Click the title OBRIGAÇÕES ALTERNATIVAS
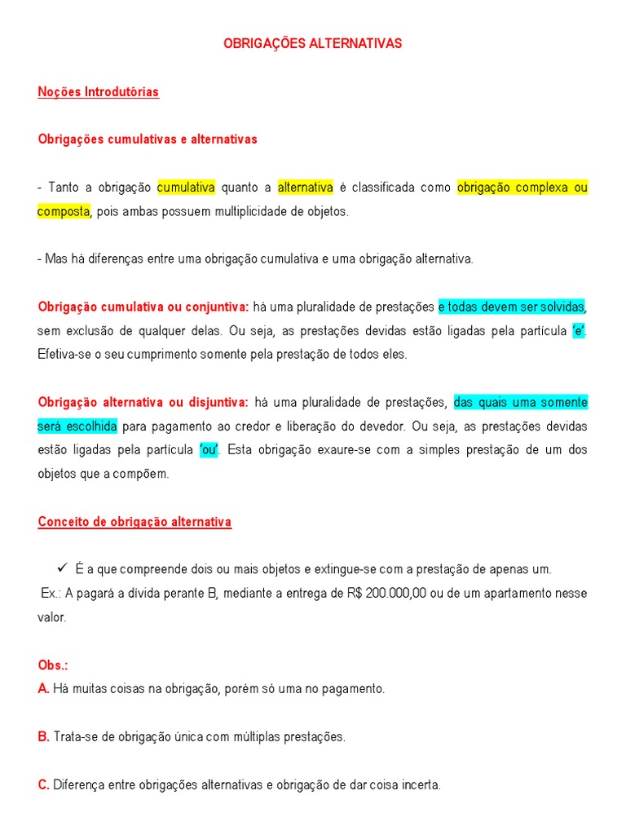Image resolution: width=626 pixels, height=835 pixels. [x=313, y=44]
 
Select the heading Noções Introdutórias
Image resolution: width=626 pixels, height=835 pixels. [x=98, y=92]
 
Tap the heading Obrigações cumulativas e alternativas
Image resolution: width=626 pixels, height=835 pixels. [x=148, y=139]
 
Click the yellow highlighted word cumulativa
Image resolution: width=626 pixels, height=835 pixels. [x=186, y=188]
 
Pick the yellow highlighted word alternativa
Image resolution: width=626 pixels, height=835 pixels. [x=305, y=188]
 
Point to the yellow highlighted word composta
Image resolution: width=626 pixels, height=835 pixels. [x=64, y=211]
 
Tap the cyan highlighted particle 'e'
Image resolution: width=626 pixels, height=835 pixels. [x=579, y=331]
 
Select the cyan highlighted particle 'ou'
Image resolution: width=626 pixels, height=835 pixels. [x=209, y=450]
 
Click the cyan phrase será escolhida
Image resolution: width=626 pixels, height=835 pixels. [x=77, y=426]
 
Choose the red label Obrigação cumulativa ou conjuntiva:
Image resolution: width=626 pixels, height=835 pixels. [x=143, y=307]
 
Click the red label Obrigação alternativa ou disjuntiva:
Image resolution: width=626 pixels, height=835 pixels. [x=143, y=403]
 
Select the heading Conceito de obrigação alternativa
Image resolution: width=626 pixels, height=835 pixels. [x=134, y=522]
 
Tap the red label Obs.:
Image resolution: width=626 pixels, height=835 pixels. [x=52, y=665]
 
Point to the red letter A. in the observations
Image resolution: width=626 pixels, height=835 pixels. [x=43, y=689]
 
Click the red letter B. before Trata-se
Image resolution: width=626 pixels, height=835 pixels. [x=43, y=737]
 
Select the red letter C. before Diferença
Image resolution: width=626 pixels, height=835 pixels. [x=44, y=785]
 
